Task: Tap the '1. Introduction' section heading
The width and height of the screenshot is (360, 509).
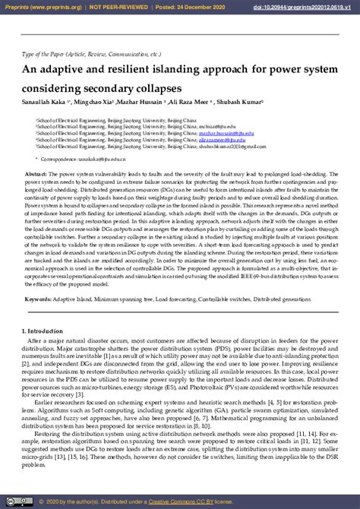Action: coord(42,332)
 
